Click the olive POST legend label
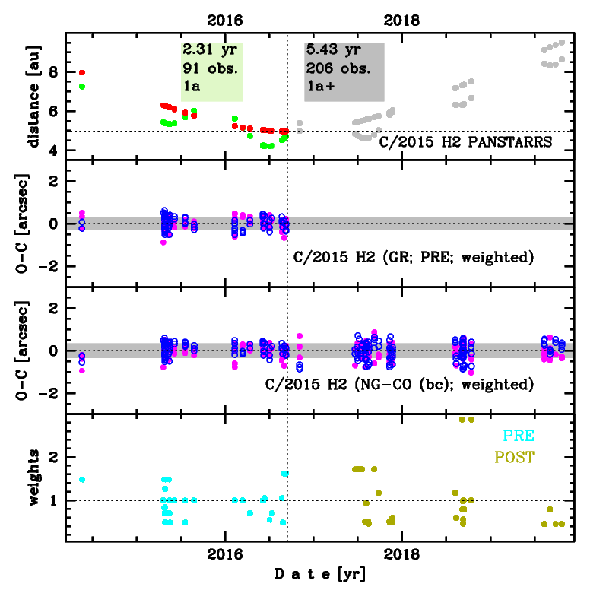click(514, 457)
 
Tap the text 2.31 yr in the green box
click(209, 51)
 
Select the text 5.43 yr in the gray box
click(333, 51)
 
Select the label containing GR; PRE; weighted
click(413, 257)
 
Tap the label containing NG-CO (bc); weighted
click(399, 384)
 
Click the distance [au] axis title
click(33, 96)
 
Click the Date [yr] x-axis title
click(319, 575)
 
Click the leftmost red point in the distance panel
click(82, 73)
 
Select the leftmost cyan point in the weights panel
click(82, 480)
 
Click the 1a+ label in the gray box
click(319, 86)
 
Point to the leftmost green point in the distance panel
click(82, 87)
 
